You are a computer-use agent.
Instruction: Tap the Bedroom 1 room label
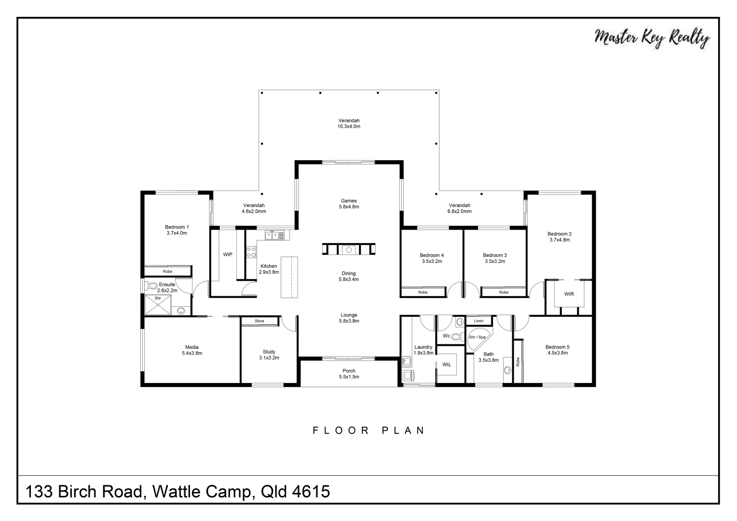click(x=177, y=230)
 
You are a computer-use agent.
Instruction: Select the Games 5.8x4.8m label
click(x=349, y=204)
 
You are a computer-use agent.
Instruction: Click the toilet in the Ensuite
click(x=152, y=286)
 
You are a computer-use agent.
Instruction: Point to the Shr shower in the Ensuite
click(x=158, y=305)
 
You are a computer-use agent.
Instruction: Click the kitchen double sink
click(x=274, y=235)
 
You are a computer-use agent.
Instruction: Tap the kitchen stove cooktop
click(x=251, y=251)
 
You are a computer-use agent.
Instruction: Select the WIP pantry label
click(x=228, y=254)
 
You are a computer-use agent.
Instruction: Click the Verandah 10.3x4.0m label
click(x=349, y=123)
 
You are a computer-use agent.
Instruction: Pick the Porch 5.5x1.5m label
click(x=349, y=374)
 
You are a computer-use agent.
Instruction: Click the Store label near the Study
click(x=259, y=321)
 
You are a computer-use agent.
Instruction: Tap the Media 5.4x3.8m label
click(x=192, y=350)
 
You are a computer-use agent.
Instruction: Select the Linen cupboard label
click(x=478, y=321)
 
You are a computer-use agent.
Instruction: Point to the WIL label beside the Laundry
click(x=447, y=364)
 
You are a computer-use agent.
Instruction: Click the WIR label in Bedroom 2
click(x=569, y=294)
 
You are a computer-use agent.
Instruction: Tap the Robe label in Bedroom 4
click(x=423, y=292)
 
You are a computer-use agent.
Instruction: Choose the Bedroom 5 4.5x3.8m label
click(x=557, y=350)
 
